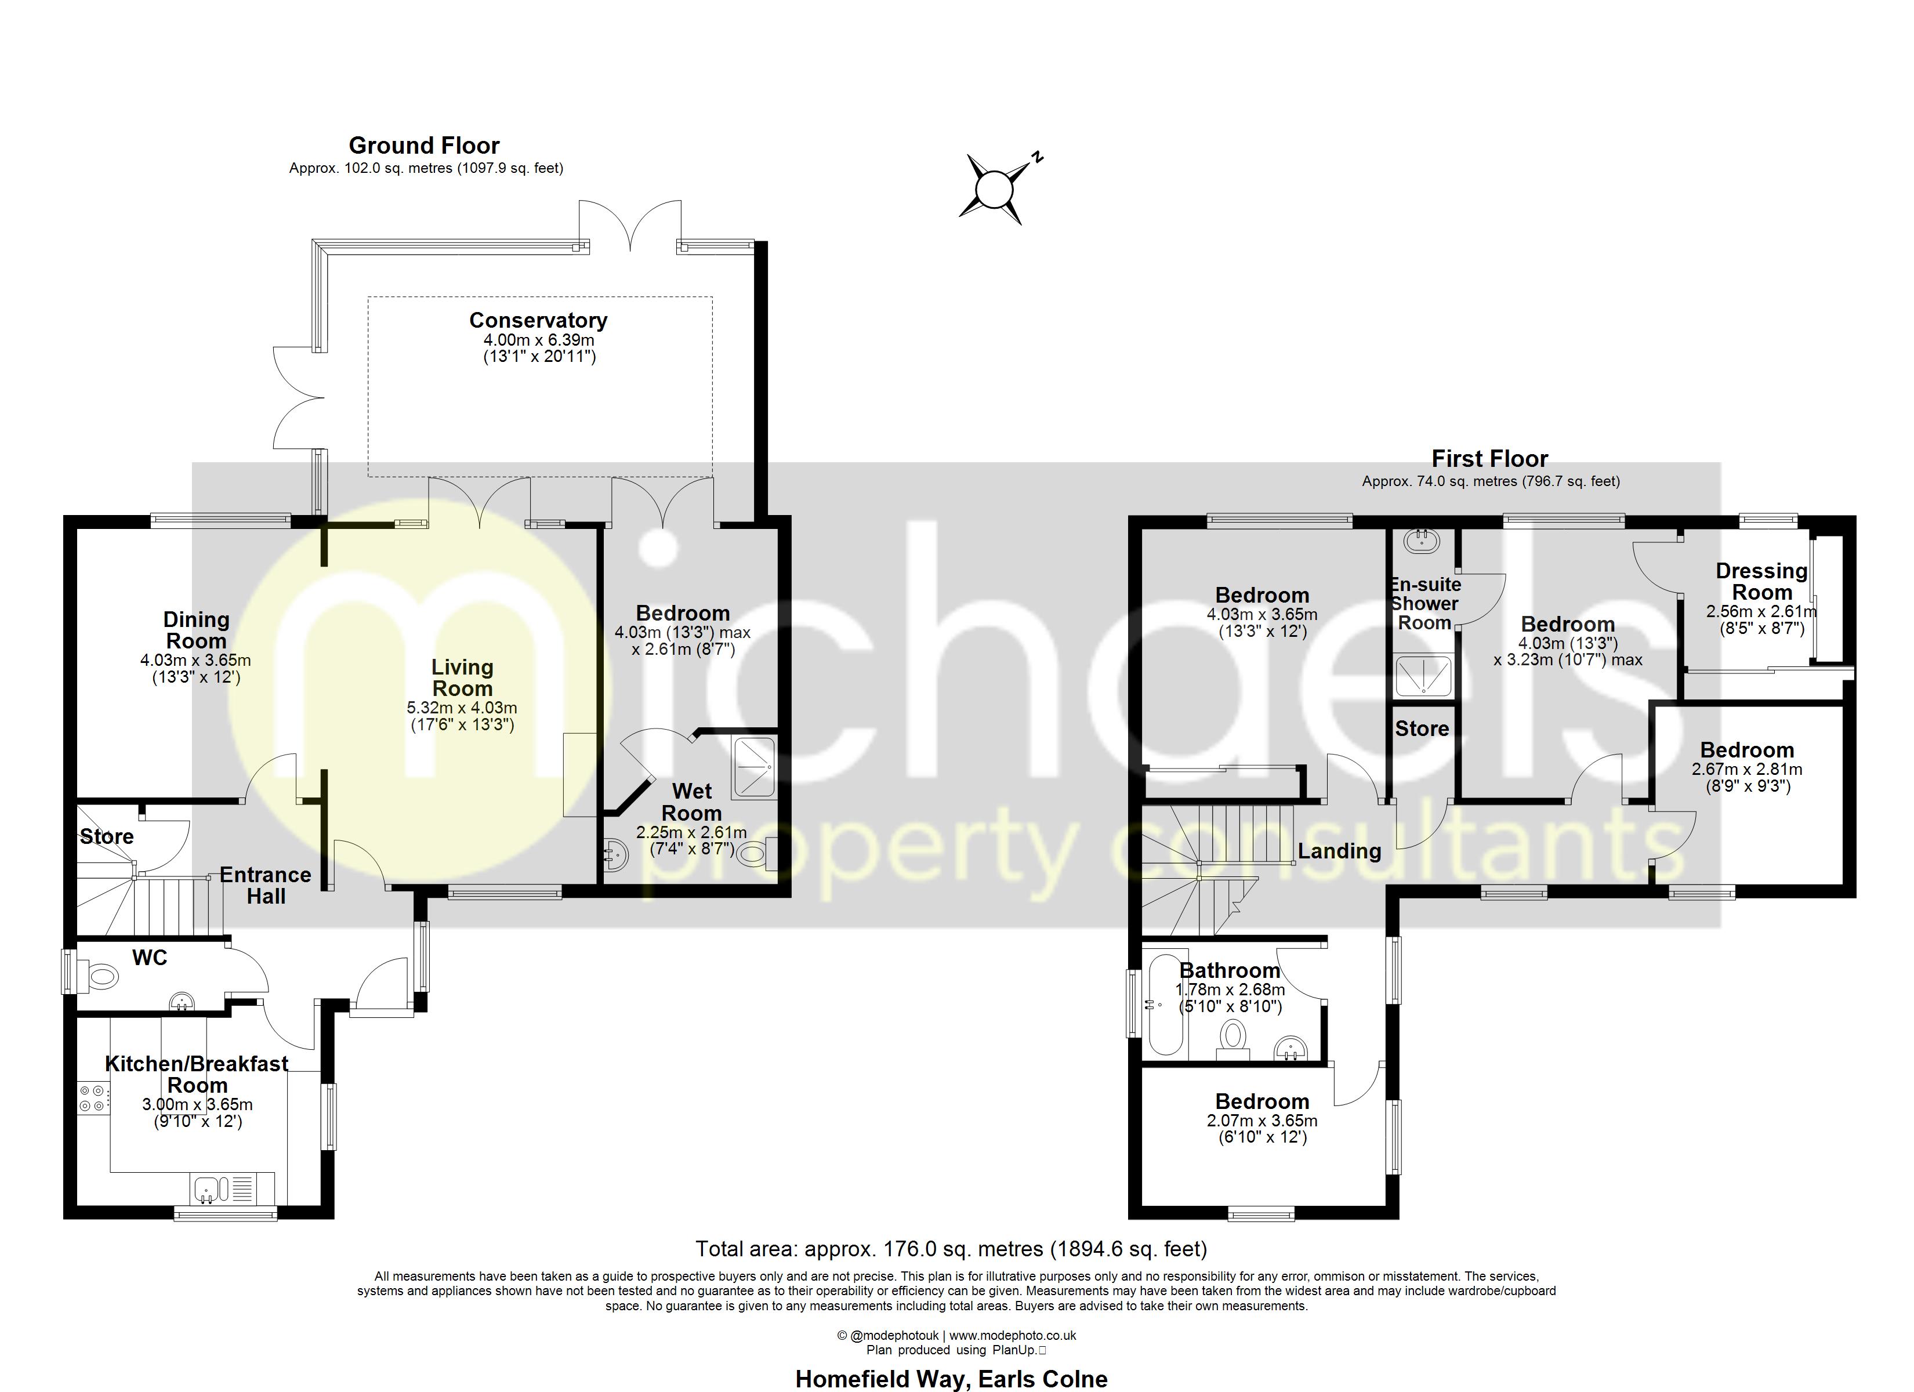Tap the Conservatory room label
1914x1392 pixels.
538,321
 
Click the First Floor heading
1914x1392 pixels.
1489,459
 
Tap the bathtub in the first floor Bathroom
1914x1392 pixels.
1165,1005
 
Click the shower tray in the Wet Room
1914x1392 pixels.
753,767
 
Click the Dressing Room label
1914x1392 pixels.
1761,582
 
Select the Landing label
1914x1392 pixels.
1339,851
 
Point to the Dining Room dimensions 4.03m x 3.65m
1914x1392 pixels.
196,660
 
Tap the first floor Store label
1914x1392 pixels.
1422,728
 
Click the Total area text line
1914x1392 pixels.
951,1249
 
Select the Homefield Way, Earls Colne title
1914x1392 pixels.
951,1379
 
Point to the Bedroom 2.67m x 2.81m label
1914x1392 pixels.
1746,751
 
